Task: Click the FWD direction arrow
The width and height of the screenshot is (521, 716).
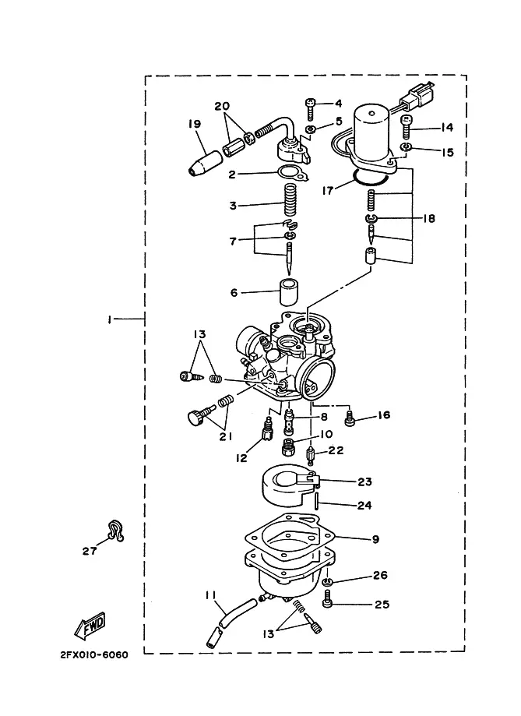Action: pos(90,625)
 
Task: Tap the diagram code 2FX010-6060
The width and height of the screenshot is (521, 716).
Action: pos(94,655)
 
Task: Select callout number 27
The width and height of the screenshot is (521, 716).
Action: pos(90,551)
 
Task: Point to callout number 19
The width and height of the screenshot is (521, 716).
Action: pos(195,124)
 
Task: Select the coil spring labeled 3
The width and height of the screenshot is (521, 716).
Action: pos(290,200)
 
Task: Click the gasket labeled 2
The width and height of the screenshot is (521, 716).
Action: pos(292,174)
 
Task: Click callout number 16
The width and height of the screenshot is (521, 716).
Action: pos(384,415)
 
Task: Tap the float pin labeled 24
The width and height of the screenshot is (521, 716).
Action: pos(316,499)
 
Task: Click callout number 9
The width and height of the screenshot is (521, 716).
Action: pos(375,539)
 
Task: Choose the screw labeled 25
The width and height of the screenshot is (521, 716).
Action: pos(328,598)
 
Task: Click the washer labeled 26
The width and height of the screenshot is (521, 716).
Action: pos(328,581)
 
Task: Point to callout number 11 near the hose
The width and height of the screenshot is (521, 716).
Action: pos(210,595)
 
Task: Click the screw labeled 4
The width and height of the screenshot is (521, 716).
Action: pos(311,108)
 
